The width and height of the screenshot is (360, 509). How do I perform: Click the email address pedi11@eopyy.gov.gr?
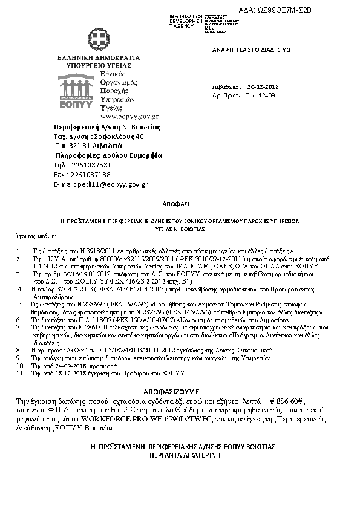pyautogui.click(x=114, y=184)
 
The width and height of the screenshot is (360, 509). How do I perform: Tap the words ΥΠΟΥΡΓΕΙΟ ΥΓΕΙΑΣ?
pyautogui.click(x=90, y=65)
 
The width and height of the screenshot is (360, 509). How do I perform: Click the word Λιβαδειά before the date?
pyautogui.click(x=227, y=86)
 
